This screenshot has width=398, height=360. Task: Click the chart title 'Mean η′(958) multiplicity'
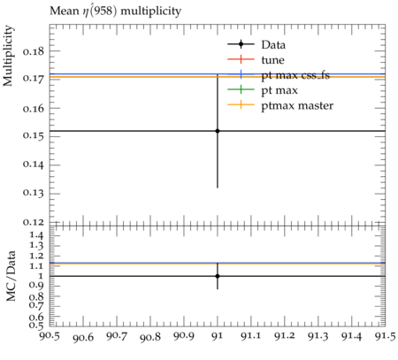click(115, 11)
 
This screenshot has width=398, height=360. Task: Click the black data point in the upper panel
click(218, 131)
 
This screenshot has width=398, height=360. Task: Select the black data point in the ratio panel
click(218, 276)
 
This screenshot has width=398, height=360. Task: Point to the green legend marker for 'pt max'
click(241, 89)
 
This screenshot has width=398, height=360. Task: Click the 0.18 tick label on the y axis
click(33, 51)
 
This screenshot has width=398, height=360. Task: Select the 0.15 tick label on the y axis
click(33, 136)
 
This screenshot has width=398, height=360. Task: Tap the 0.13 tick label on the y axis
click(33, 193)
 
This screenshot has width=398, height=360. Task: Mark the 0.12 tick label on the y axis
click(33, 222)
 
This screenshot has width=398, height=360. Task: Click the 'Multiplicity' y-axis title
click(8, 56)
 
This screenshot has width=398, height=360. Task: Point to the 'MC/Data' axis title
click(11, 276)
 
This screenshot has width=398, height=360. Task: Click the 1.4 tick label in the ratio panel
click(36, 235)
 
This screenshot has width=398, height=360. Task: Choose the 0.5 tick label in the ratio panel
click(36, 326)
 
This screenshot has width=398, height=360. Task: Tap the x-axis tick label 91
click(218, 336)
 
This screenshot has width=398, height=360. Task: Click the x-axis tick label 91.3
click(318, 336)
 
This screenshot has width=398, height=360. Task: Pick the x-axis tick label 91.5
click(385, 336)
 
